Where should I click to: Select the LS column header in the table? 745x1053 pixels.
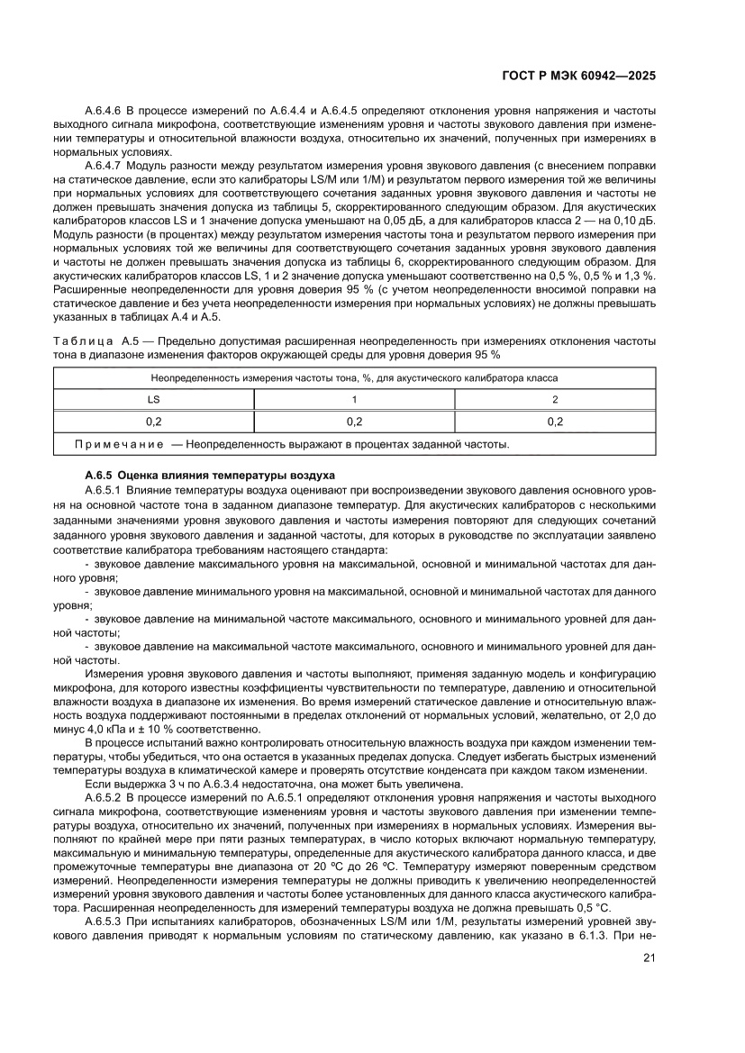click(153, 399)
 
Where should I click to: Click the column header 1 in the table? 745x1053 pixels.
click(354, 399)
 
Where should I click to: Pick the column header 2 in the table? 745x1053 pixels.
click(555, 399)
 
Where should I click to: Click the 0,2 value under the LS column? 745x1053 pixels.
click(153, 421)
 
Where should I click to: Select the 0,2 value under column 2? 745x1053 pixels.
click(555, 421)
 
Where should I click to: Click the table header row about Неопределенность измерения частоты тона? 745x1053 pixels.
click(354, 378)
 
